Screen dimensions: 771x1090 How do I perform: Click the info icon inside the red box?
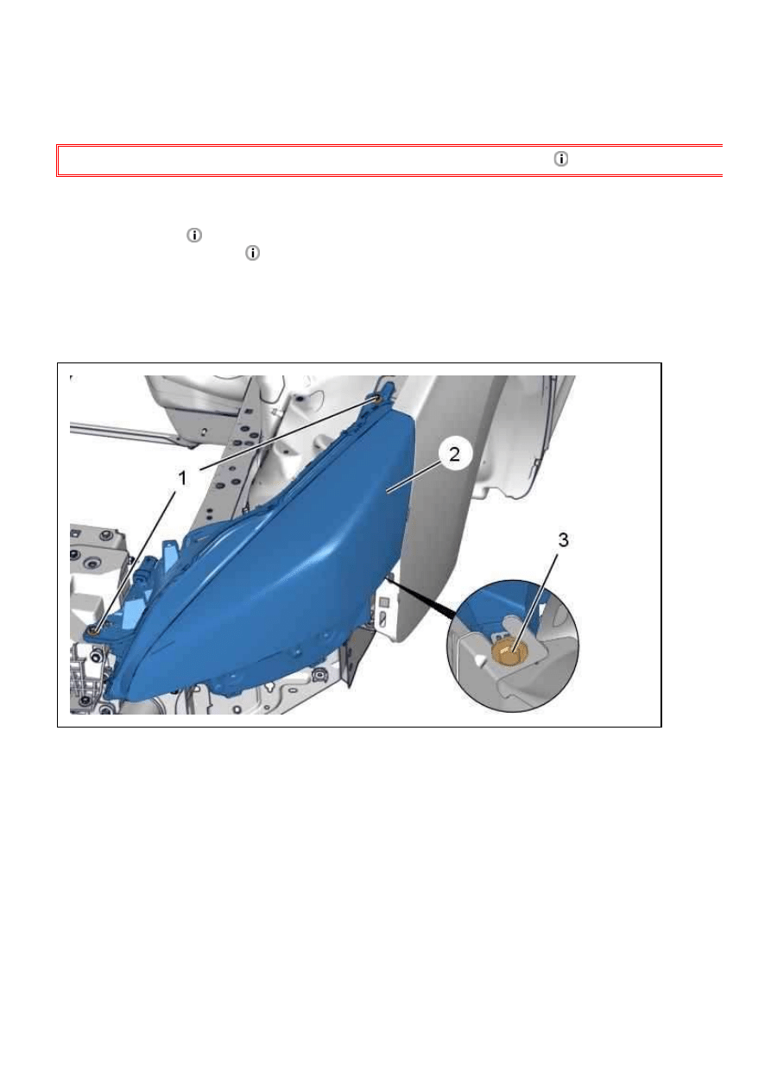560,159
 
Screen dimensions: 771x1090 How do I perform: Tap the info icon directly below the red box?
194,236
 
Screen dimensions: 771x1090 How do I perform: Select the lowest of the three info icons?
252,253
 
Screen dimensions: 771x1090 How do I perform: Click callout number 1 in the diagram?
182,478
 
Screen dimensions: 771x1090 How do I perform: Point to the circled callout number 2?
454,455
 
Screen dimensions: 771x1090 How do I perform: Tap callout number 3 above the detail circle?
563,539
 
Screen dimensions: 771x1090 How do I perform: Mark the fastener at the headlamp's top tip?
377,400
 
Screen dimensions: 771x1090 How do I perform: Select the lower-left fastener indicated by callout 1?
93,631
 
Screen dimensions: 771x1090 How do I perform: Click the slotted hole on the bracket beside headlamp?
382,620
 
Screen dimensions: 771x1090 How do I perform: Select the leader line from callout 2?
414,476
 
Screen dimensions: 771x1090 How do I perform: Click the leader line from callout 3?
535,601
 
